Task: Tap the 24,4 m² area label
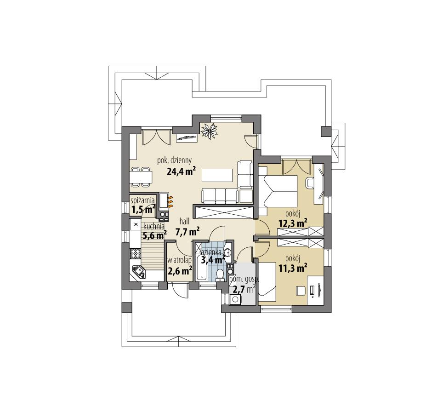click(182, 172)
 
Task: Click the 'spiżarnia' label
click(142, 200)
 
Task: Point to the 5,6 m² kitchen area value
click(154, 235)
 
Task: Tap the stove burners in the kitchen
click(135, 252)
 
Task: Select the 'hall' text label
click(185, 221)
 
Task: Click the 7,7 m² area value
click(187, 231)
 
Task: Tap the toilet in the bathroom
click(220, 275)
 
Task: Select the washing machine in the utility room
click(235, 300)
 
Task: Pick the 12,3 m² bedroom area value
click(293, 223)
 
